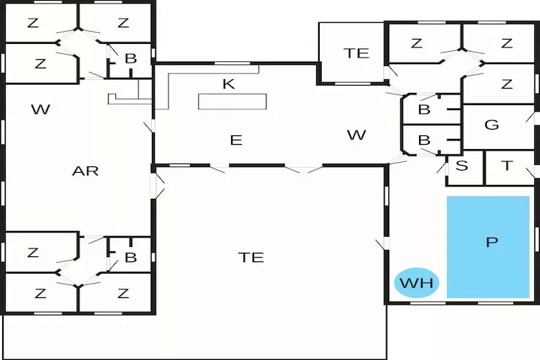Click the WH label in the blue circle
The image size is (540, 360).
tap(417, 283)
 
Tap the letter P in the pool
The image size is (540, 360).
tap(492, 243)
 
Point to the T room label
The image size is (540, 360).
tap(508, 166)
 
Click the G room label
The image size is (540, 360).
tap(492, 125)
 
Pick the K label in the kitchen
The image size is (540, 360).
tap(229, 84)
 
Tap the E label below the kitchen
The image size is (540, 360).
tap(236, 140)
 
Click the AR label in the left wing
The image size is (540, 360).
tap(85, 171)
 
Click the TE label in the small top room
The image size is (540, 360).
tap(356, 53)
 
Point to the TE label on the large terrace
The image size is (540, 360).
tap(251, 257)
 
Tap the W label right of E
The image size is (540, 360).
tap(356, 135)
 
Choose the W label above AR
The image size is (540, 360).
tap(40, 109)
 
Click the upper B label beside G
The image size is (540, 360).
tap(424, 110)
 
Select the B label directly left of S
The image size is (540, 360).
tap(424, 140)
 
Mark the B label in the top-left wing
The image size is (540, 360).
tap(130, 59)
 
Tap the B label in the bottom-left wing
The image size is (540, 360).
tap(130, 257)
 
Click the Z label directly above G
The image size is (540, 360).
tap(507, 84)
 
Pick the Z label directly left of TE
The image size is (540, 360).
tap(32, 293)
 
